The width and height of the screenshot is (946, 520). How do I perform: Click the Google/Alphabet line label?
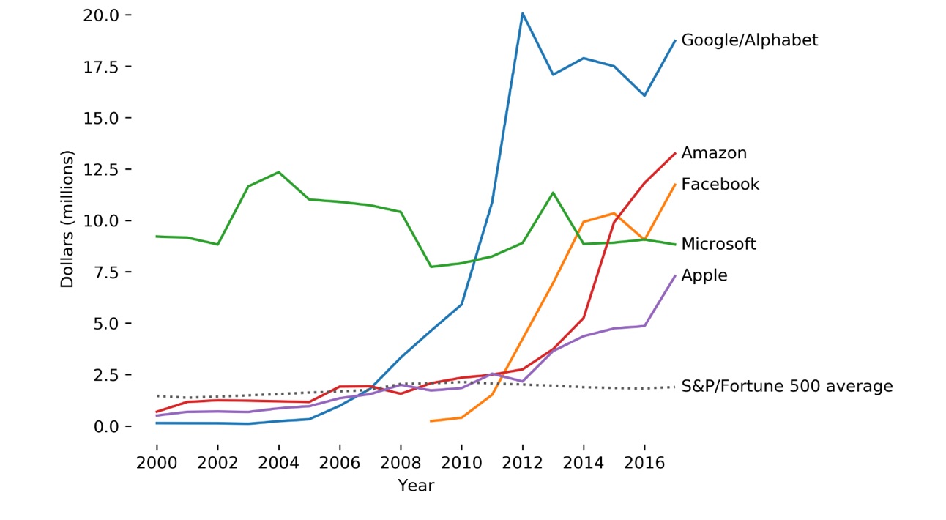[749, 40]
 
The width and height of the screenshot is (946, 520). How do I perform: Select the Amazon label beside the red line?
[714, 153]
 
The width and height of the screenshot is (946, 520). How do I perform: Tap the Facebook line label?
[720, 185]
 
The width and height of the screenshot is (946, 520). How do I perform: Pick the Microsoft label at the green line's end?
[718, 244]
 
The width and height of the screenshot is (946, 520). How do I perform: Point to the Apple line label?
[704, 276]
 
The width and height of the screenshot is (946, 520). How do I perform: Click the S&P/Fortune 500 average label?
[786, 386]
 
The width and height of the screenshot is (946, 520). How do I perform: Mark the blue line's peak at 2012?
[522, 13]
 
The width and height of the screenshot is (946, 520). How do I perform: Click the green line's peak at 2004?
[278, 172]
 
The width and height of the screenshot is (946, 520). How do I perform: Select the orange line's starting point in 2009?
[431, 421]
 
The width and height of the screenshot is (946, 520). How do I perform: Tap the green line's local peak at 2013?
[553, 193]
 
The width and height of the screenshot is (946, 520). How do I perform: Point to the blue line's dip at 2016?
[644, 96]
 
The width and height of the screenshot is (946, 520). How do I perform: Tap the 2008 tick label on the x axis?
[401, 464]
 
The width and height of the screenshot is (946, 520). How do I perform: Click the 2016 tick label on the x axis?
[644, 464]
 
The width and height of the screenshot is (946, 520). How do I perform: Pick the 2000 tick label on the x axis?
[157, 464]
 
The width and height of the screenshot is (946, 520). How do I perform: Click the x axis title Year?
[416, 486]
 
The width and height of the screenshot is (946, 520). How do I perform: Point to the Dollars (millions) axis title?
[67, 220]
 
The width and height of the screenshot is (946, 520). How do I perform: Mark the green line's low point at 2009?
[431, 267]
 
